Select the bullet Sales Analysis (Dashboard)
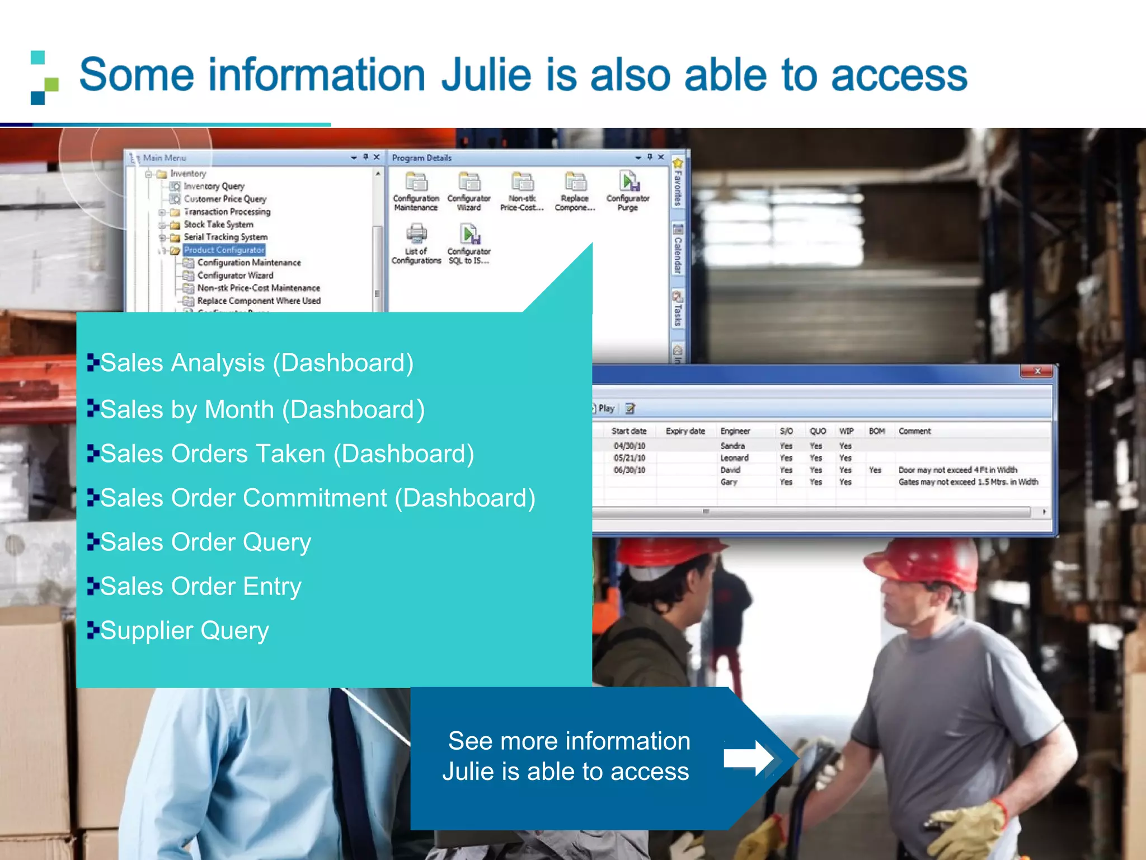click(x=256, y=363)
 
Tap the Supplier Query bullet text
click(x=184, y=630)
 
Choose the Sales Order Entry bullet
click(x=200, y=586)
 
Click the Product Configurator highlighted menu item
click(x=224, y=250)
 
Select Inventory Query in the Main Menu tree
click(x=214, y=186)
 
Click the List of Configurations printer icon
click(x=416, y=233)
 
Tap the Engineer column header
click(x=735, y=431)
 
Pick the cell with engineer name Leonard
click(x=734, y=458)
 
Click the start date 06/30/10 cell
click(x=629, y=470)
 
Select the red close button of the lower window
click(x=1037, y=371)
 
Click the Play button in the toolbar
click(x=605, y=409)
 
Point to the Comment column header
click(x=914, y=431)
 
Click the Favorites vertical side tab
click(x=678, y=185)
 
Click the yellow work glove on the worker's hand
click(x=971, y=829)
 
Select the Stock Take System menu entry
click(x=218, y=224)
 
